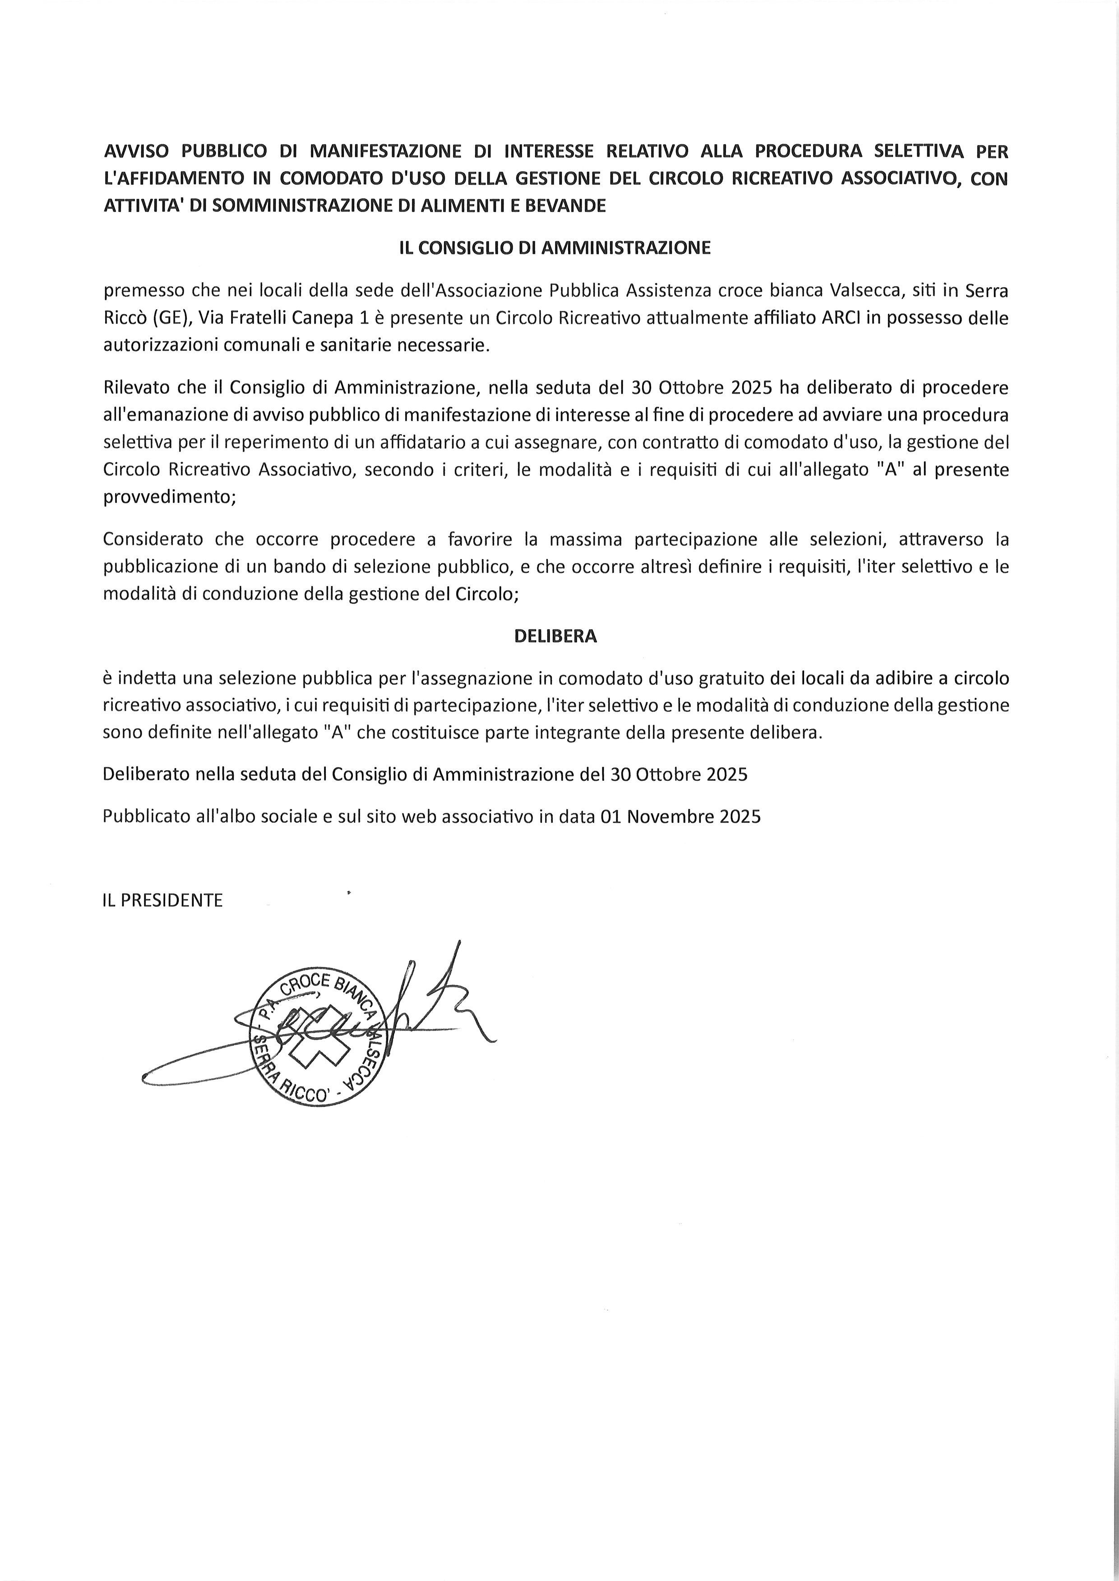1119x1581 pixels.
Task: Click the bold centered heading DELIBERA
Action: tap(555, 636)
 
